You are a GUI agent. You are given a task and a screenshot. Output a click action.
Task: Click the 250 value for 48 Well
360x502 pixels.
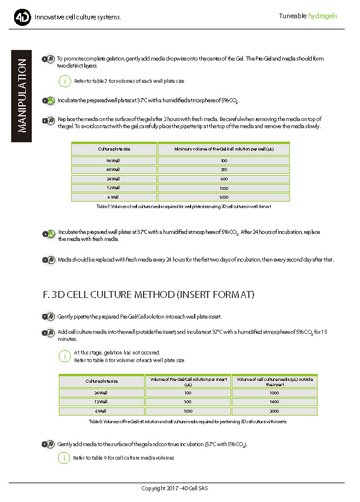224,169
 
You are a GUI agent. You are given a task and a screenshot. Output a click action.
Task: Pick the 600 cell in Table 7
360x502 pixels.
224,179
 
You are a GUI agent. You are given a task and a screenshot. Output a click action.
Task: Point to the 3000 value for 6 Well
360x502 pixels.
224,197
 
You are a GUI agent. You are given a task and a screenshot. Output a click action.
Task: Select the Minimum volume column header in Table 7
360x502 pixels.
224,149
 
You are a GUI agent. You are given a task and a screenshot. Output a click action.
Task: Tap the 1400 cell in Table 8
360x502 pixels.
275,401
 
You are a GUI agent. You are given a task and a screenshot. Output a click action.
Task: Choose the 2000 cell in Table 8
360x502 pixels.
275,411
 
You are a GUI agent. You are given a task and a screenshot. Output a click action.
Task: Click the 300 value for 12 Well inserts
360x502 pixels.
188,401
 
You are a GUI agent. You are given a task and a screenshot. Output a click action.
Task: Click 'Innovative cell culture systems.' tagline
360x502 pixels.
78,17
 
